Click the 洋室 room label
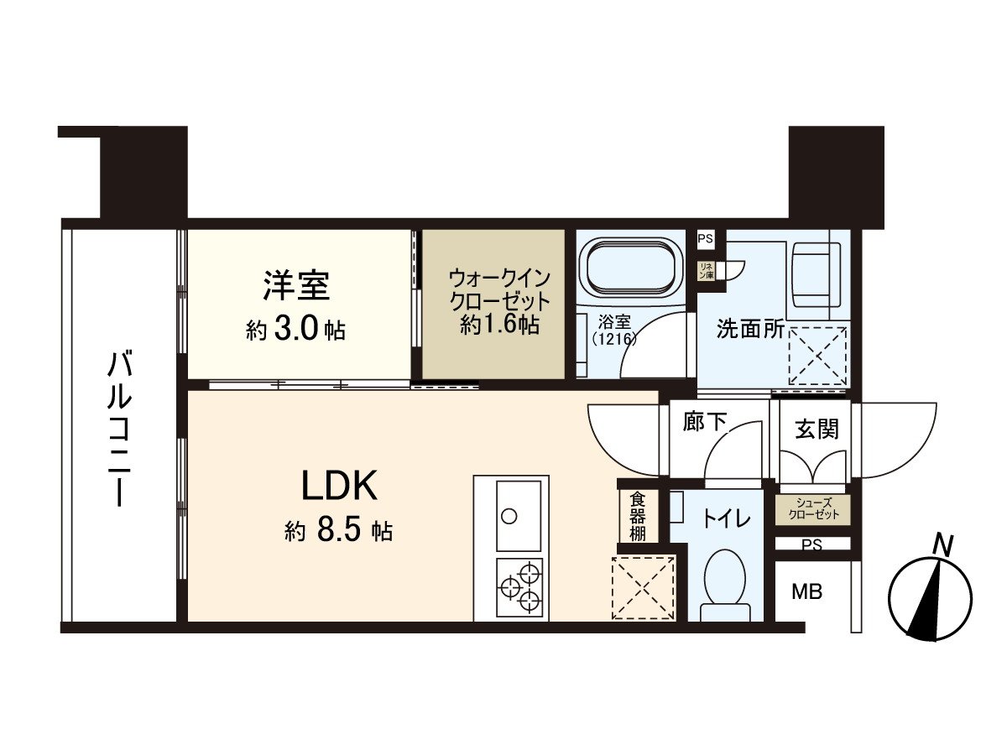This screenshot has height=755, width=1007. tap(295, 286)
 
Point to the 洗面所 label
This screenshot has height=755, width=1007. tap(750, 329)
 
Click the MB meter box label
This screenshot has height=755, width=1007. tap(808, 592)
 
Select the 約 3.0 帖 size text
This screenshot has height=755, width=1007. tap(295, 330)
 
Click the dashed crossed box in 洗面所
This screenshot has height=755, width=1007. tap(817, 357)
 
